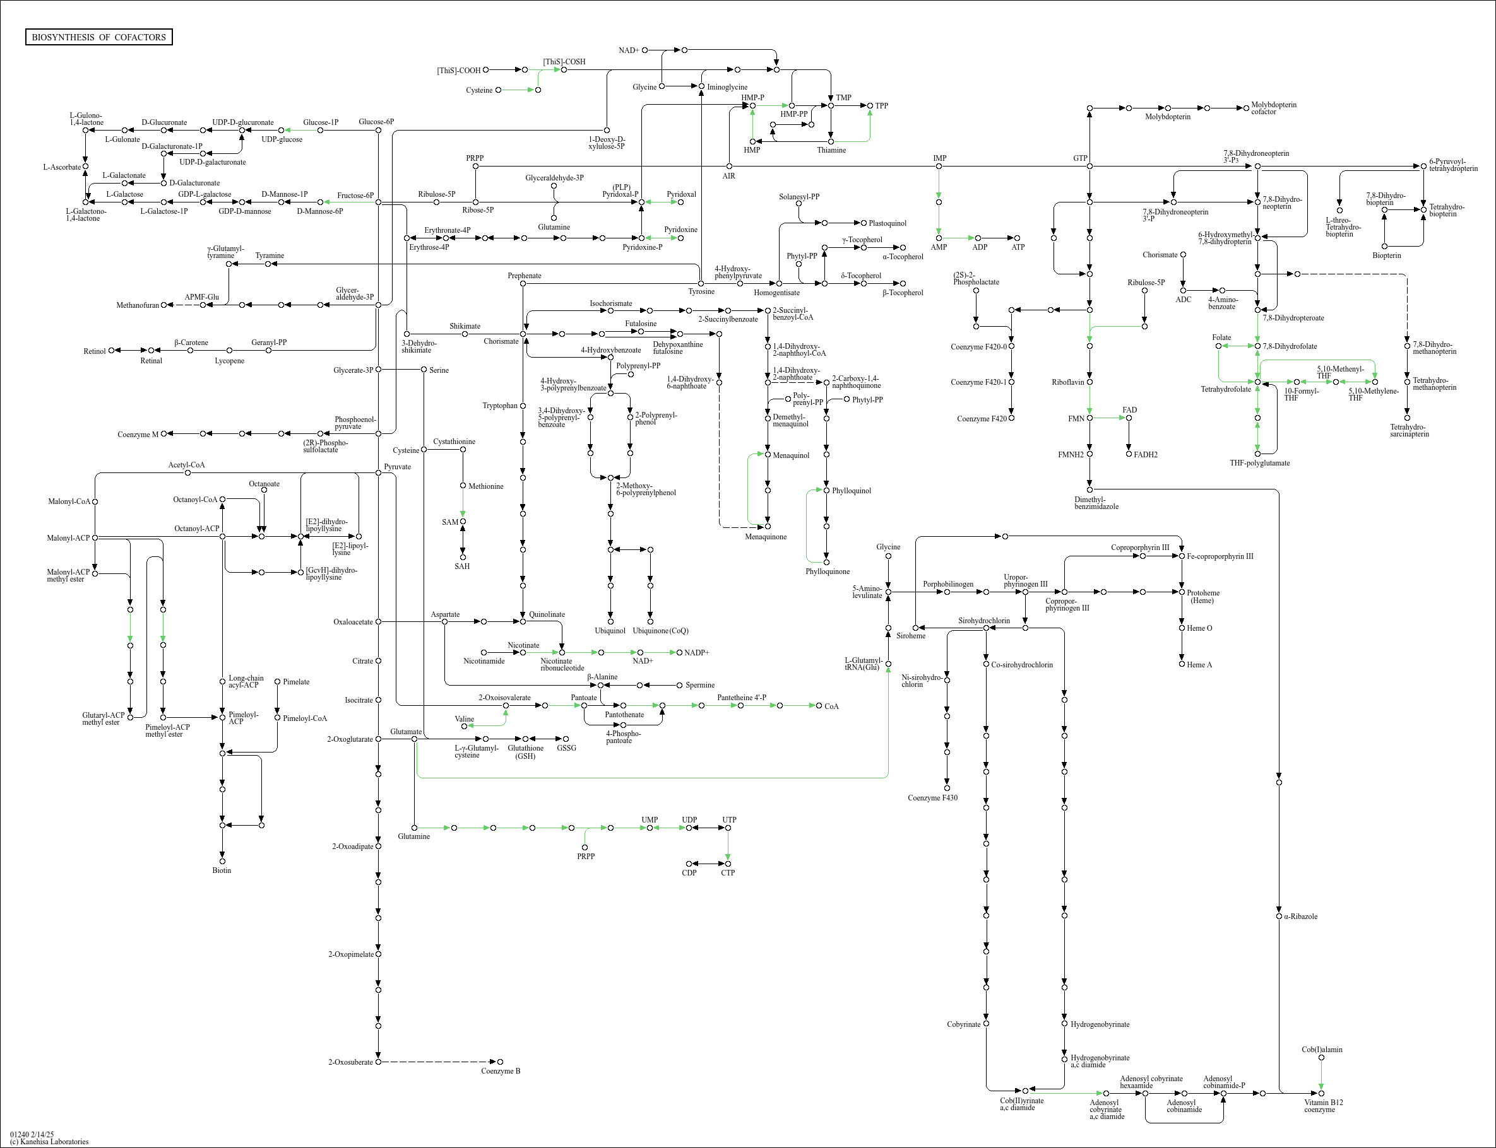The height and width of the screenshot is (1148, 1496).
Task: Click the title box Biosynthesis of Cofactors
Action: pyautogui.click(x=98, y=37)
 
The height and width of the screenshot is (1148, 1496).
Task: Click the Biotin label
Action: pyautogui.click(x=222, y=870)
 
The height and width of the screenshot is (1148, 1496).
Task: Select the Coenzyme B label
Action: pyautogui.click(x=501, y=1071)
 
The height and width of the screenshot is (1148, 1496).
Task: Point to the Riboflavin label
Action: pyautogui.click(x=1067, y=382)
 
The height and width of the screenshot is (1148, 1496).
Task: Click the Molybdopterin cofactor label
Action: pyautogui.click(x=1273, y=108)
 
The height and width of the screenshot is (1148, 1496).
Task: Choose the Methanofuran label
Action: pyautogui.click(x=138, y=305)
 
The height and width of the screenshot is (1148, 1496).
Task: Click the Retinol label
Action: pyautogui.click(x=94, y=351)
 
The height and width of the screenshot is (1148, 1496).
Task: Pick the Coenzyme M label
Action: pyautogui.click(x=138, y=435)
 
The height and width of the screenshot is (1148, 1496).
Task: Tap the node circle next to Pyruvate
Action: pyautogui.click(x=378, y=472)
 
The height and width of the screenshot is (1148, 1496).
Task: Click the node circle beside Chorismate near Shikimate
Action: pyautogui.click(x=523, y=334)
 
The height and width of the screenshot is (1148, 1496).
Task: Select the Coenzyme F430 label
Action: pyautogui.click(x=932, y=797)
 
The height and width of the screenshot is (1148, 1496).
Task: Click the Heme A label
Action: pyautogui.click(x=1199, y=665)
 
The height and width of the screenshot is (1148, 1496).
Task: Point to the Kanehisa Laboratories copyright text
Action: pyautogui.click(x=49, y=1141)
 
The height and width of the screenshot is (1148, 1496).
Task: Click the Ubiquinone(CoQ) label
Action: pyautogui.click(x=660, y=631)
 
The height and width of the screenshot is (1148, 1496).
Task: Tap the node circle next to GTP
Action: pyautogui.click(x=1089, y=166)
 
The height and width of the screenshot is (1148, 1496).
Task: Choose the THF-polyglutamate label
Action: pyautogui.click(x=1259, y=463)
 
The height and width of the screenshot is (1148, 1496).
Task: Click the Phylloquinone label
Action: pyautogui.click(x=828, y=571)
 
